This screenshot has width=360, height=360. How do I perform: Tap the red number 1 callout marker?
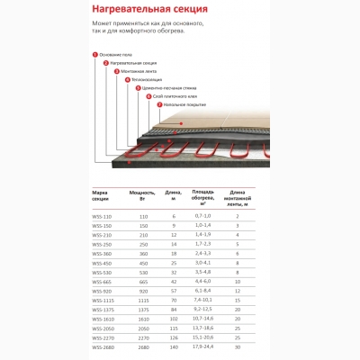coord(95,54)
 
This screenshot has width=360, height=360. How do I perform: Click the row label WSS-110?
coord(102,217)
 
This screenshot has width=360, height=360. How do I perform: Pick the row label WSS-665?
coord(102,282)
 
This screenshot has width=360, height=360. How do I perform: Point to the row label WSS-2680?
coord(102,346)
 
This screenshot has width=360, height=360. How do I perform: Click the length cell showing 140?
coord(173,346)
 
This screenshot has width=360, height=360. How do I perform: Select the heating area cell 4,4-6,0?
coord(202,282)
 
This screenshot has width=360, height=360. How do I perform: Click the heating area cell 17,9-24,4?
coord(202,346)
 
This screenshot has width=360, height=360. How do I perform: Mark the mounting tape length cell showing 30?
coord(237,346)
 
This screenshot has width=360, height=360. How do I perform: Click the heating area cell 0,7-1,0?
coord(202,217)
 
